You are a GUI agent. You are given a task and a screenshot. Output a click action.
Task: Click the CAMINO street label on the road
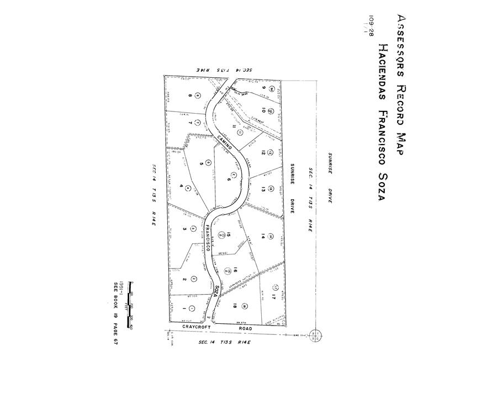pyautogui.click(x=224, y=143)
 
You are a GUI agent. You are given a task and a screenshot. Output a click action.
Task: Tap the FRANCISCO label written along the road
pyautogui.click(x=209, y=238)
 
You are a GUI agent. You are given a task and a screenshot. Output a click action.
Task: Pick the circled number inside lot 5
pyautogui.click(x=208, y=162)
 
